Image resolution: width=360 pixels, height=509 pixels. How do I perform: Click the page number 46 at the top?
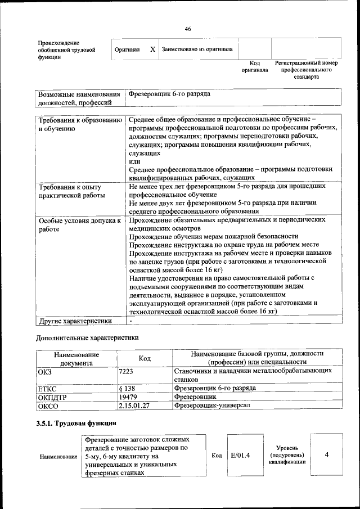coord(188,29)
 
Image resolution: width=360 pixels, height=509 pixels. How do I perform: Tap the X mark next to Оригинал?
coord(152,49)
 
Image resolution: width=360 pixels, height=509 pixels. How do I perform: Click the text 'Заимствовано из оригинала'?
coord(197,49)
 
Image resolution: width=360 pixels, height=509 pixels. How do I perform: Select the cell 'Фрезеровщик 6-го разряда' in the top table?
coord(169,94)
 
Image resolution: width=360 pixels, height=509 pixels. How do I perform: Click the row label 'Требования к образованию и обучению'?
coord(79,124)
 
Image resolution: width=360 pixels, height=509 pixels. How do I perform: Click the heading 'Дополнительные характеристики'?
coord(87,338)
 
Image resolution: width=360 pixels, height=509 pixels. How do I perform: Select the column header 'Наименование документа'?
coord(76,358)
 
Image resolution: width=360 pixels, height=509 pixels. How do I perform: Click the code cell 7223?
coord(126,372)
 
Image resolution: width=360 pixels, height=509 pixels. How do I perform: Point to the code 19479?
coord(128,397)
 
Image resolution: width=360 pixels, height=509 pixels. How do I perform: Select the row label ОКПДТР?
coord(52,397)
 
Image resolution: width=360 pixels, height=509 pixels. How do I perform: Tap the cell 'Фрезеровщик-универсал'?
coord(211,405)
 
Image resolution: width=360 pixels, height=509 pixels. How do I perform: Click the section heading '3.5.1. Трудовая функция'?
coord(76,423)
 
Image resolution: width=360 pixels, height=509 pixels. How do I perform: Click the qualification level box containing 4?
coord(326,455)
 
